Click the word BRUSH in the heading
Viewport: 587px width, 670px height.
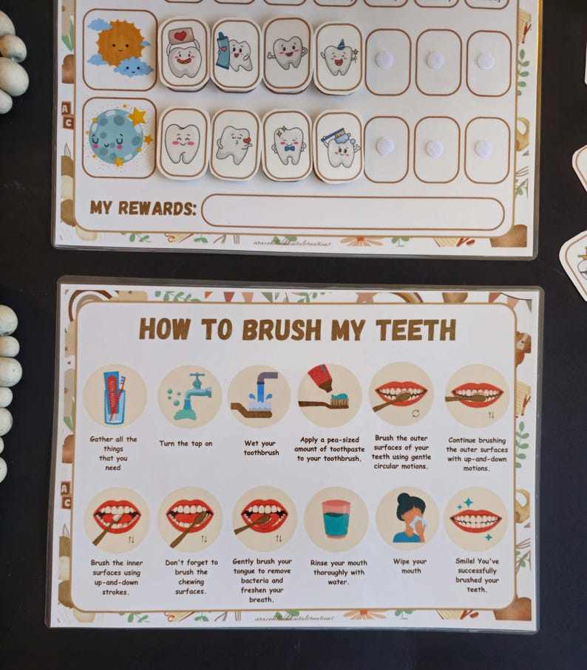[x=285, y=329]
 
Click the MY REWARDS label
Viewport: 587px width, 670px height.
[x=143, y=208]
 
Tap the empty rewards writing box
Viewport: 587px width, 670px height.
[x=353, y=213]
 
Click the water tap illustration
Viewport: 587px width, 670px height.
[x=189, y=395]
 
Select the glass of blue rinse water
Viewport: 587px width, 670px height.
[x=336, y=518]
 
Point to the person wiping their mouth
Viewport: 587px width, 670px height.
[x=406, y=518]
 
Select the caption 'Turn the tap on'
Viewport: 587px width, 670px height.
[x=186, y=444]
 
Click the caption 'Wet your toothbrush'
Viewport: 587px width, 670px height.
[x=261, y=448]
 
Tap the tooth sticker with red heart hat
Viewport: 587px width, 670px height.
[x=183, y=54]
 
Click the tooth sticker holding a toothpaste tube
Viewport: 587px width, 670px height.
[x=235, y=54]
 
